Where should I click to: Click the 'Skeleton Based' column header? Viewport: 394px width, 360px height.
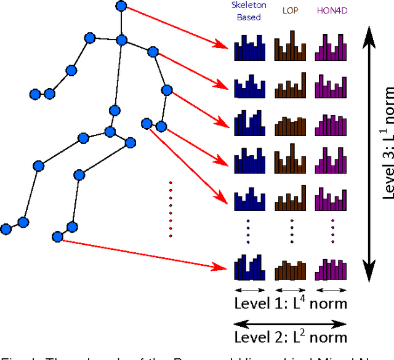click(x=249, y=11)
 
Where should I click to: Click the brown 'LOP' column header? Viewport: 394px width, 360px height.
click(x=289, y=10)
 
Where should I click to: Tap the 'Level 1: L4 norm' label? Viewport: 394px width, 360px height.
click(x=291, y=303)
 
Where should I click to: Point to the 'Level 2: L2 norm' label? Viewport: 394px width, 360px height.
click(x=291, y=336)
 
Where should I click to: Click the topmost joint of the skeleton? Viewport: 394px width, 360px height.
click(x=121, y=7)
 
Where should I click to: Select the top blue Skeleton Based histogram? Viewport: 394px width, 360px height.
click(x=250, y=49)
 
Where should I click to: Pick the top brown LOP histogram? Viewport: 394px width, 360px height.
click(x=289, y=49)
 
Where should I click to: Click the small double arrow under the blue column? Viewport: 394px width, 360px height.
click(x=250, y=289)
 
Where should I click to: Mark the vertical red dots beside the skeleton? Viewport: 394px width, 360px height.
click(x=171, y=209)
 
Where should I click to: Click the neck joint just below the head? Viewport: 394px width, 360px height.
click(x=121, y=41)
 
